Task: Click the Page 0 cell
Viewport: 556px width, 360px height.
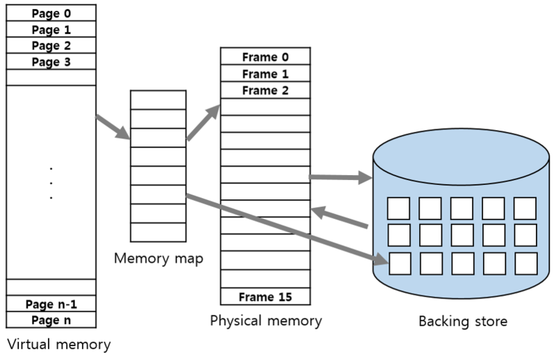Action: pyautogui.click(x=51, y=13)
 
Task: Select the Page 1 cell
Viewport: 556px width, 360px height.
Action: pyautogui.click(x=51, y=29)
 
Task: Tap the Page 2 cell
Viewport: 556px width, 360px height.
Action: pyautogui.click(x=51, y=45)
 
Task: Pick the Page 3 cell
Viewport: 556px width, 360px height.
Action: pyautogui.click(x=51, y=62)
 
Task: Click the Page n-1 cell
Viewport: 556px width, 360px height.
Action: pyautogui.click(x=51, y=304)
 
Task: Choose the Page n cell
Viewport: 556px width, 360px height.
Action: pyautogui.click(x=51, y=320)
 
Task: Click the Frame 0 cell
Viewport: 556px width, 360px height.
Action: pyautogui.click(x=265, y=56)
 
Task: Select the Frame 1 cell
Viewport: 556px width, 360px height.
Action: pyautogui.click(x=265, y=74)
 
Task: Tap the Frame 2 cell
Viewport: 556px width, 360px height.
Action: pyautogui.click(x=265, y=90)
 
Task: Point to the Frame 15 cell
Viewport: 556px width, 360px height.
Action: pyautogui.click(x=265, y=297)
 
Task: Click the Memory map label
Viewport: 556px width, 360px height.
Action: pyautogui.click(x=158, y=259)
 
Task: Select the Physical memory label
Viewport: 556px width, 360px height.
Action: pyautogui.click(x=266, y=321)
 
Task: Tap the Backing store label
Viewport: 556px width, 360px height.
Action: pyautogui.click(x=463, y=321)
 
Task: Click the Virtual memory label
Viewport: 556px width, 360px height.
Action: pyautogui.click(x=59, y=345)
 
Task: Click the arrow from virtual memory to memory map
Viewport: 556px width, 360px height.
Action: pyautogui.click(x=113, y=127)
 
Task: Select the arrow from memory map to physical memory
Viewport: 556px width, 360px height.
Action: pyautogui.click(x=204, y=122)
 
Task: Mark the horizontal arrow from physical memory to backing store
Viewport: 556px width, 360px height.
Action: pyautogui.click(x=341, y=177)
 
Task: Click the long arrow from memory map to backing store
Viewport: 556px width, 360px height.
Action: pyautogui.click(x=287, y=229)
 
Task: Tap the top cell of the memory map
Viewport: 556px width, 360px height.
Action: pyautogui.click(x=158, y=100)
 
